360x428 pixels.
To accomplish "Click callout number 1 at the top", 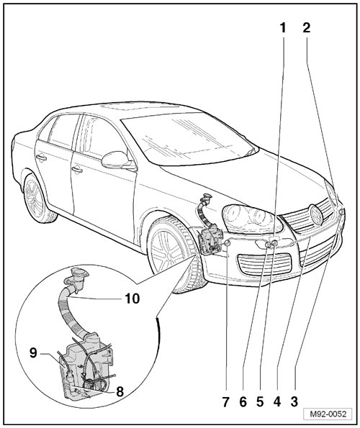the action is click(282, 28).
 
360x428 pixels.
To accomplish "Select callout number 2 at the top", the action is click(307, 28).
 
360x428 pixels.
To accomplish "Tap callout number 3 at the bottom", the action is click(294, 402).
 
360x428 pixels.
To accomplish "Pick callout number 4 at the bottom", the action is click(276, 402).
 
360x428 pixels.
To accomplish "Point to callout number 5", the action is click(260, 402).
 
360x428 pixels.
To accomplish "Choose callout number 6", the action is click(243, 402).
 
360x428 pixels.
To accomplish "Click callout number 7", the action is click(225, 402).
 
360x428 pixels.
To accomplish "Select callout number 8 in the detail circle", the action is click(120, 392).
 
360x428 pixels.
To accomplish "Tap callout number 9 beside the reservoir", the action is click(33, 353).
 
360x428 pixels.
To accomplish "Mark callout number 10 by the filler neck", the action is click(132, 299).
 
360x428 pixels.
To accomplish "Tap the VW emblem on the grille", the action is click(316, 215).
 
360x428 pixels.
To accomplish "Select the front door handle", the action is click(77, 170).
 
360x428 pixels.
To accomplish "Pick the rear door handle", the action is click(41, 158).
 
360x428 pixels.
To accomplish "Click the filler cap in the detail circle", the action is click(78, 273).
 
